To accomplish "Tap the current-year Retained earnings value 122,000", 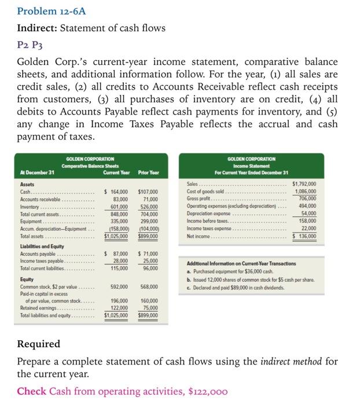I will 119,308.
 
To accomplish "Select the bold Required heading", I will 38,344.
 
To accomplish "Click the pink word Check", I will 31,391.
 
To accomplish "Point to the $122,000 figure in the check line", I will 210,391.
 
